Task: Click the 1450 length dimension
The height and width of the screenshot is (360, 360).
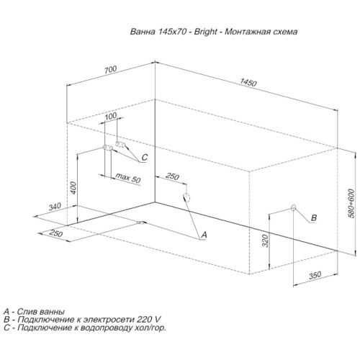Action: [x=248, y=83]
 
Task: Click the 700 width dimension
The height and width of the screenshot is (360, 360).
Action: [x=110, y=69]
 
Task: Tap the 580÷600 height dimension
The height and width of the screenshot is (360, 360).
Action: [x=351, y=204]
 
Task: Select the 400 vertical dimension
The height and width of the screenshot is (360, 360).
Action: [x=73, y=188]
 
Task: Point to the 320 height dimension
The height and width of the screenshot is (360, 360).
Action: [x=265, y=240]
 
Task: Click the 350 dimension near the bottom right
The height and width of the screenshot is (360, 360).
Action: [x=315, y=275]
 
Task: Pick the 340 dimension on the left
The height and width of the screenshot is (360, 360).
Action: [x=55, y=207]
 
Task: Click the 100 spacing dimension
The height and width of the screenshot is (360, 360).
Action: [x=111, y=116]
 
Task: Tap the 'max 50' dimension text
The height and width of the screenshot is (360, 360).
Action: [x=128, y=178]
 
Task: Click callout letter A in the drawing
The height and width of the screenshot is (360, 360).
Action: [x=204, y=235]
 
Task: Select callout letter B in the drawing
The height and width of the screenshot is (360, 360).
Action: [x=314, y=217]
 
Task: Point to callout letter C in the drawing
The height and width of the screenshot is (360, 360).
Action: [x=145, y=157]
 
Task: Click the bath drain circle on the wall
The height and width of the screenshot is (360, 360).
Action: [x=186, y=197]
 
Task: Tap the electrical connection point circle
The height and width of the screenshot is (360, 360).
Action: [x=293, y=207]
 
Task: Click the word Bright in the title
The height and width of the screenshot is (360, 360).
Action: [x=205, y=32]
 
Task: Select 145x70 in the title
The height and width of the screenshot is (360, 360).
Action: [x=172, y=32]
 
